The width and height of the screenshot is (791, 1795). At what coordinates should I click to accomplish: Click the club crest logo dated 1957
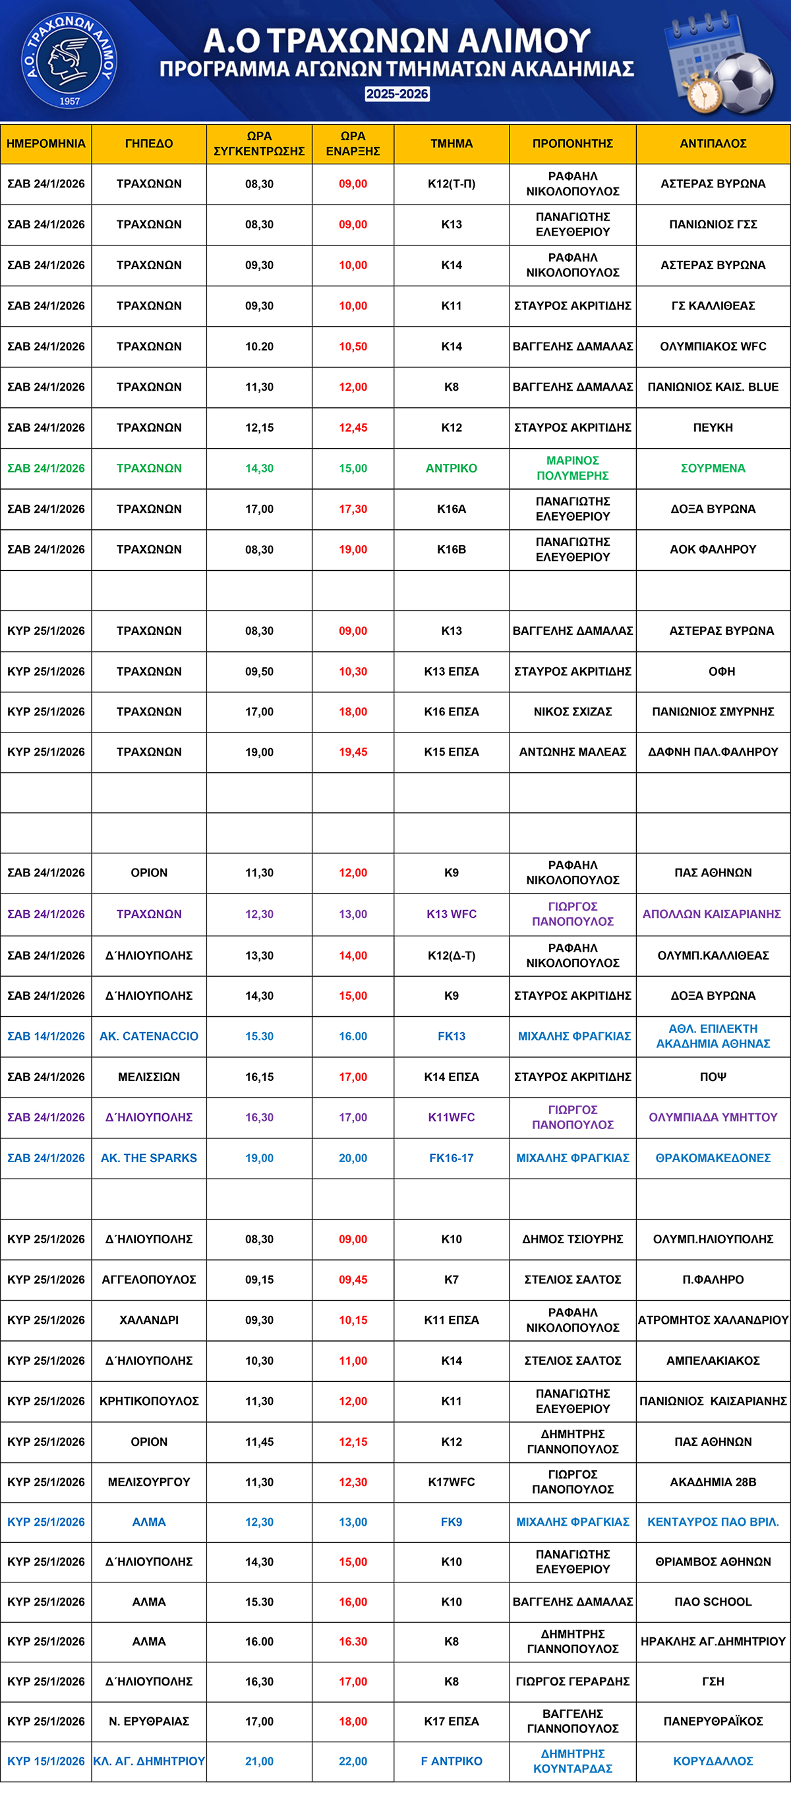[69, 61]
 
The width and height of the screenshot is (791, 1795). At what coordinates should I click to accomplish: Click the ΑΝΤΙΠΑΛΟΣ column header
[713, 144]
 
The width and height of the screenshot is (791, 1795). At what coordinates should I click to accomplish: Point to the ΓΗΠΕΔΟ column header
[149, 144]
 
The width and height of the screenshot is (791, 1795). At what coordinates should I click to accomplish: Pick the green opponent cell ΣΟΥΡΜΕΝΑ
[713, 469]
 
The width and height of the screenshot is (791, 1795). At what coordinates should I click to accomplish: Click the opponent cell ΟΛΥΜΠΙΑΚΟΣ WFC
[713, 346]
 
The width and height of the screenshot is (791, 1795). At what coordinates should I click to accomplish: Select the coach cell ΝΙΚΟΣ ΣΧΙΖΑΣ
[572, 711]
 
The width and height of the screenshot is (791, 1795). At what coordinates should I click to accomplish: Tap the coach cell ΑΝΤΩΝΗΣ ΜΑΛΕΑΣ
[572, 752]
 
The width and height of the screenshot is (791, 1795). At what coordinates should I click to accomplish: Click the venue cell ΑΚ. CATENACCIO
[149, 1036]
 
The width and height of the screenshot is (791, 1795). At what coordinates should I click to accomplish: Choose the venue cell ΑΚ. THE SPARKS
[149, 1158]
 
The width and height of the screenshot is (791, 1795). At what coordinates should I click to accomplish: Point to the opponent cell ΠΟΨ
[713, 1076]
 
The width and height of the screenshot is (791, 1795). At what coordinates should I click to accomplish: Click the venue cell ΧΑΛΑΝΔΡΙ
[149, 1320]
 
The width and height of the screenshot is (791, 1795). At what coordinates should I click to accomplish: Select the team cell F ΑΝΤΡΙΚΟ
[452, 1761]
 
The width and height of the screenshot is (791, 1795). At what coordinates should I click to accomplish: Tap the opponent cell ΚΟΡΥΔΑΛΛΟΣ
[713, 1761]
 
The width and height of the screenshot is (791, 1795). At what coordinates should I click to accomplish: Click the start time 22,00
[353, 1761]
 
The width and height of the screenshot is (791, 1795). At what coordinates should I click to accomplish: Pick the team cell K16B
[452, 549]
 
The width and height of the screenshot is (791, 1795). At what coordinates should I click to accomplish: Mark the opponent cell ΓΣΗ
[713, 1681]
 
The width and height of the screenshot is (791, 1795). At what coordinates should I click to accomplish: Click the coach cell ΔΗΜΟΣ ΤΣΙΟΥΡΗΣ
[572, 1239]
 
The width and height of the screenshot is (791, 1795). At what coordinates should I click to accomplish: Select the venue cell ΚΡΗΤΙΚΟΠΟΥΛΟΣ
[149, 1400]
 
